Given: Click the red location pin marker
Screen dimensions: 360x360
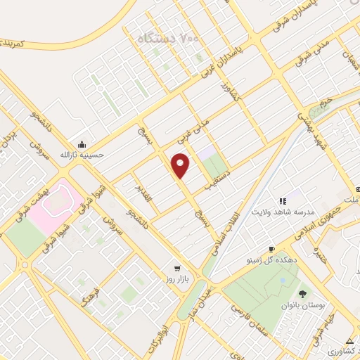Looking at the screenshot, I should (x=181, y=165).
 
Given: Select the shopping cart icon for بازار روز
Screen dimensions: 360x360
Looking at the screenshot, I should (x=176, y=268).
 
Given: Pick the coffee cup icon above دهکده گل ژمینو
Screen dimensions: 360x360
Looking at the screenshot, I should (x=271, y=249).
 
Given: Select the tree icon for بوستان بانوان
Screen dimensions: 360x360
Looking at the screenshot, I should (x=302, y=294).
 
